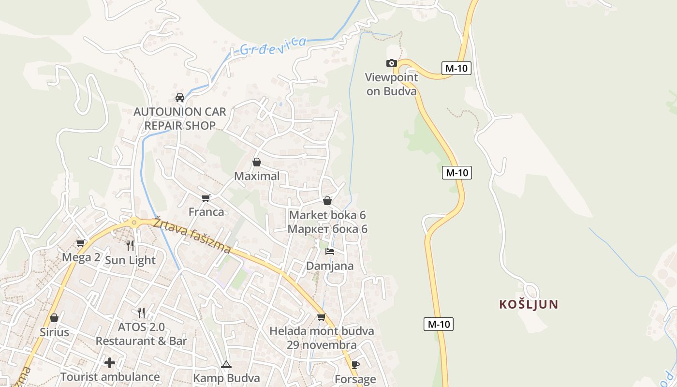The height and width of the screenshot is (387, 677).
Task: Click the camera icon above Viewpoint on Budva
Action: [391, 63]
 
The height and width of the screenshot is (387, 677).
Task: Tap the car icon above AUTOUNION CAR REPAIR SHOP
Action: [180, 97]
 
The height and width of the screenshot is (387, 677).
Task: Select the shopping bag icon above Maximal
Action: [257, 162]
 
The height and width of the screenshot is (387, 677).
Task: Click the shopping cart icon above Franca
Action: [206, 197]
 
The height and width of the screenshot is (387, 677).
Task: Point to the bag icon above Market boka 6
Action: [327, 201]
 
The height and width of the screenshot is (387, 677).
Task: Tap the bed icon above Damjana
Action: [330, 252]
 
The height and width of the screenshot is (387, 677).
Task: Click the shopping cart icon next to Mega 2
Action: [81, 243]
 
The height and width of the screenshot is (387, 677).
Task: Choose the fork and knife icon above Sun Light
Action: [130, 246]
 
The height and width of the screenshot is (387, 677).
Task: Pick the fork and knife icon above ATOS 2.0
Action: [141, 313]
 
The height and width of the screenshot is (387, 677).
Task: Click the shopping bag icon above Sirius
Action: [54, 318]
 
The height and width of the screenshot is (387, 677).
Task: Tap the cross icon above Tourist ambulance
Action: [110, 362]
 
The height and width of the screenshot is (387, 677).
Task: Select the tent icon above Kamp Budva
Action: [226, 364]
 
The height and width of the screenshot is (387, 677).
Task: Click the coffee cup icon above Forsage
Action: [355, 365]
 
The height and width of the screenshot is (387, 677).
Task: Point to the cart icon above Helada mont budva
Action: [321, 317]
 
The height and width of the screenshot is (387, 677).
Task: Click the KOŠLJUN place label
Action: [529, 304]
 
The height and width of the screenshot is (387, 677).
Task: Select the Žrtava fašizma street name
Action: [192, 236]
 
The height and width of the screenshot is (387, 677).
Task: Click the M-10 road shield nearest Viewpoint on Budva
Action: [456, 68]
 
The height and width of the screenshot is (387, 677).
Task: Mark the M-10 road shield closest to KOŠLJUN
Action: [439, 324]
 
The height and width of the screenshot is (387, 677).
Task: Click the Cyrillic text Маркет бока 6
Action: [327, 229]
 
